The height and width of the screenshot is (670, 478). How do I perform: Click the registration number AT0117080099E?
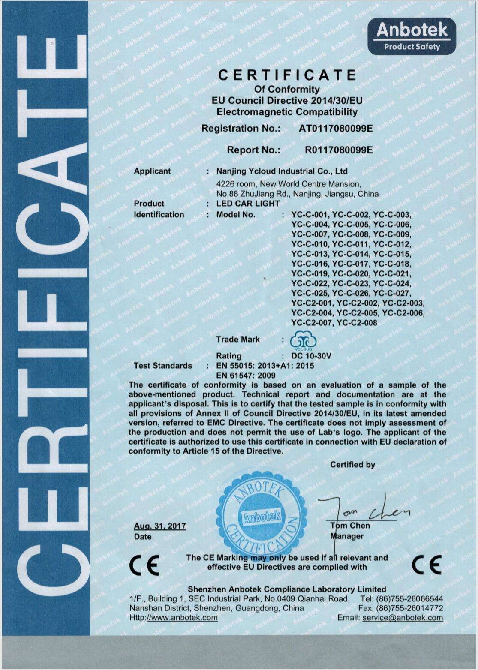pyautogui.click(x=336, y=128)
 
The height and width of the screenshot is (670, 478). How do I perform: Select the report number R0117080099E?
pyautogui.click(x=338, y=150)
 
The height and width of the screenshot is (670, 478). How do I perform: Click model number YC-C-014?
pyautogui.click(x=351, y=254)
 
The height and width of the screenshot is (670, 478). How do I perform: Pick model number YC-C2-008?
pyautogui.click(x=357, y=322)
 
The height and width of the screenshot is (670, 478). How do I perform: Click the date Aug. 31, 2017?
pyautogui.click(x=159, y=526)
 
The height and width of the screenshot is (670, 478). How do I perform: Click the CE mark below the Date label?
pyautogui.click(x=144, y=565)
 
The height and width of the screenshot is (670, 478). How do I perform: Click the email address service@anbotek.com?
pyautogui.click(x=403, y=618)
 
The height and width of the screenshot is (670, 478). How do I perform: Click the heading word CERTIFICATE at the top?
pyautogui.click(x=287, y=75)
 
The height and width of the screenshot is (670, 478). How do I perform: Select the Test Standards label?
pyautogui.click(x=162, y=366)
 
